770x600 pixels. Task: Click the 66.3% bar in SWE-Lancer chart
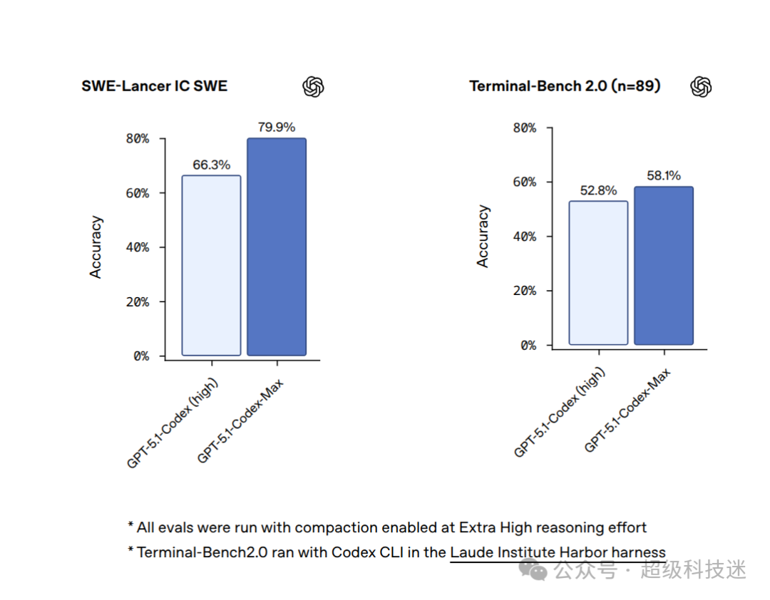(x=211, y=265)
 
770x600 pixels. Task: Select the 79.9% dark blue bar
(x=277, y=247)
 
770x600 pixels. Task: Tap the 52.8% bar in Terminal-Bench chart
(x=598, y=272)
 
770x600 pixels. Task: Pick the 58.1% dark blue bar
(x=664, y=266)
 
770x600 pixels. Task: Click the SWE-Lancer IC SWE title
(x=154, y=86)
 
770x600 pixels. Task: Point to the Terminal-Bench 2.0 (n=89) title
(x=565, y=86)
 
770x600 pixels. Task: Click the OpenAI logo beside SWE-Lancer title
(x=313, y=87)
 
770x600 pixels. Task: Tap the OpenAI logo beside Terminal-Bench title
(x=701, y=87)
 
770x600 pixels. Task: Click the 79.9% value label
(x=277, y=127)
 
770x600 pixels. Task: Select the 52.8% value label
(x=598, y=190)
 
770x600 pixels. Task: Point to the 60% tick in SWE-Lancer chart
(x=138, y=193)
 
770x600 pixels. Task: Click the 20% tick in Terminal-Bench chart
(x=525, y=291)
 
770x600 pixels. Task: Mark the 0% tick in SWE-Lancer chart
(x=141, y=356)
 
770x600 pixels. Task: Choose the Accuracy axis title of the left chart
(x=96, y=247)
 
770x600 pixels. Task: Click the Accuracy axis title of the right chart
(x=483, y=236)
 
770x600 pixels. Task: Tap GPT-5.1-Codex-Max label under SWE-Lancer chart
(x=240, y=421)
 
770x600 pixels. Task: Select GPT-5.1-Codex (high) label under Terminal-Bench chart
(x=560, y=413)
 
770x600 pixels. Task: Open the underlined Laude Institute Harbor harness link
(x=558, y=552)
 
